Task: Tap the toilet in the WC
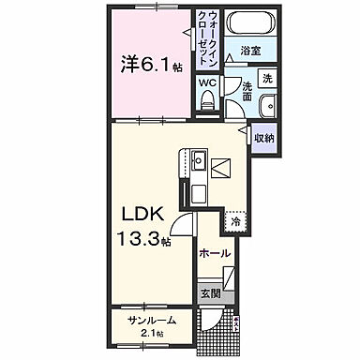[x=207, y=105]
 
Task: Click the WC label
[x=207, y=82]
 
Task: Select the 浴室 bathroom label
[x=249, y=51]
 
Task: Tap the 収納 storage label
[x=263, y=138]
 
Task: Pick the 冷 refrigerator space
[x=236, y=222]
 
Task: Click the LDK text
[x=137, y=211]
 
